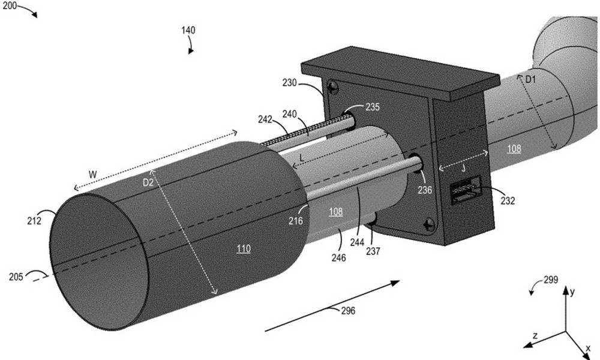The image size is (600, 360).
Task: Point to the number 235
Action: click(x=373, y=107)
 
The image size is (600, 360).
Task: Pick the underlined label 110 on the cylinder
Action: click(x=244, y=248)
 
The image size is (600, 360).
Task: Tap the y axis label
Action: click(x=573, y=292)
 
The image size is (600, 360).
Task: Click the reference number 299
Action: click(x=551, y=280)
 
